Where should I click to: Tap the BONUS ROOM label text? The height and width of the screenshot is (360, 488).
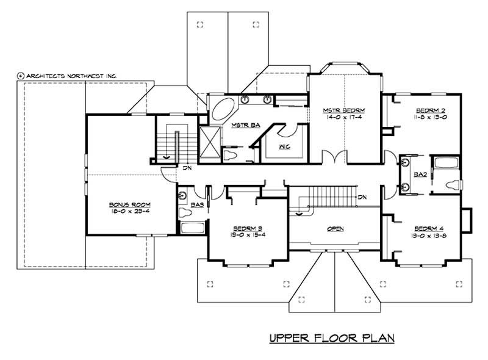[121, 204]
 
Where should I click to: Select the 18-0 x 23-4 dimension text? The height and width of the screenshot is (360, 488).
[121, 212]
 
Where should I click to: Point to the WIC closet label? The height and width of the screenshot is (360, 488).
[284, 147]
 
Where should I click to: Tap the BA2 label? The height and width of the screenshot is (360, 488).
[420, 175]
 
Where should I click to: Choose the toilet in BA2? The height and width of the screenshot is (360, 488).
[452, 185]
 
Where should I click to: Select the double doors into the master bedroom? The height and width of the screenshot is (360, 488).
[335, 157]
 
